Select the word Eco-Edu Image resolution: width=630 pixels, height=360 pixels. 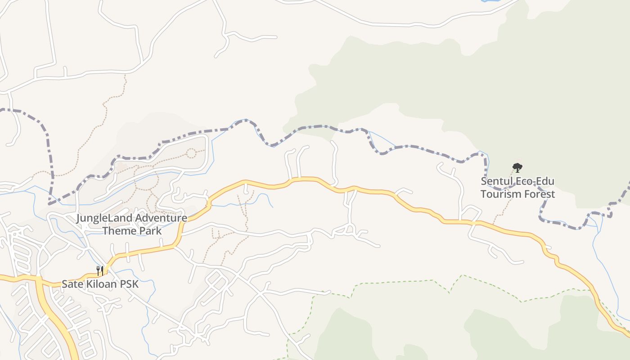point(535,181)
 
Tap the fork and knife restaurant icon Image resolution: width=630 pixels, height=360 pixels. point(100,270)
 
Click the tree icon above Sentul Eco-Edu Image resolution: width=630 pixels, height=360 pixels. point(517,168)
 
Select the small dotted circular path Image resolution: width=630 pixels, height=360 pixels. point(191,153)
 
